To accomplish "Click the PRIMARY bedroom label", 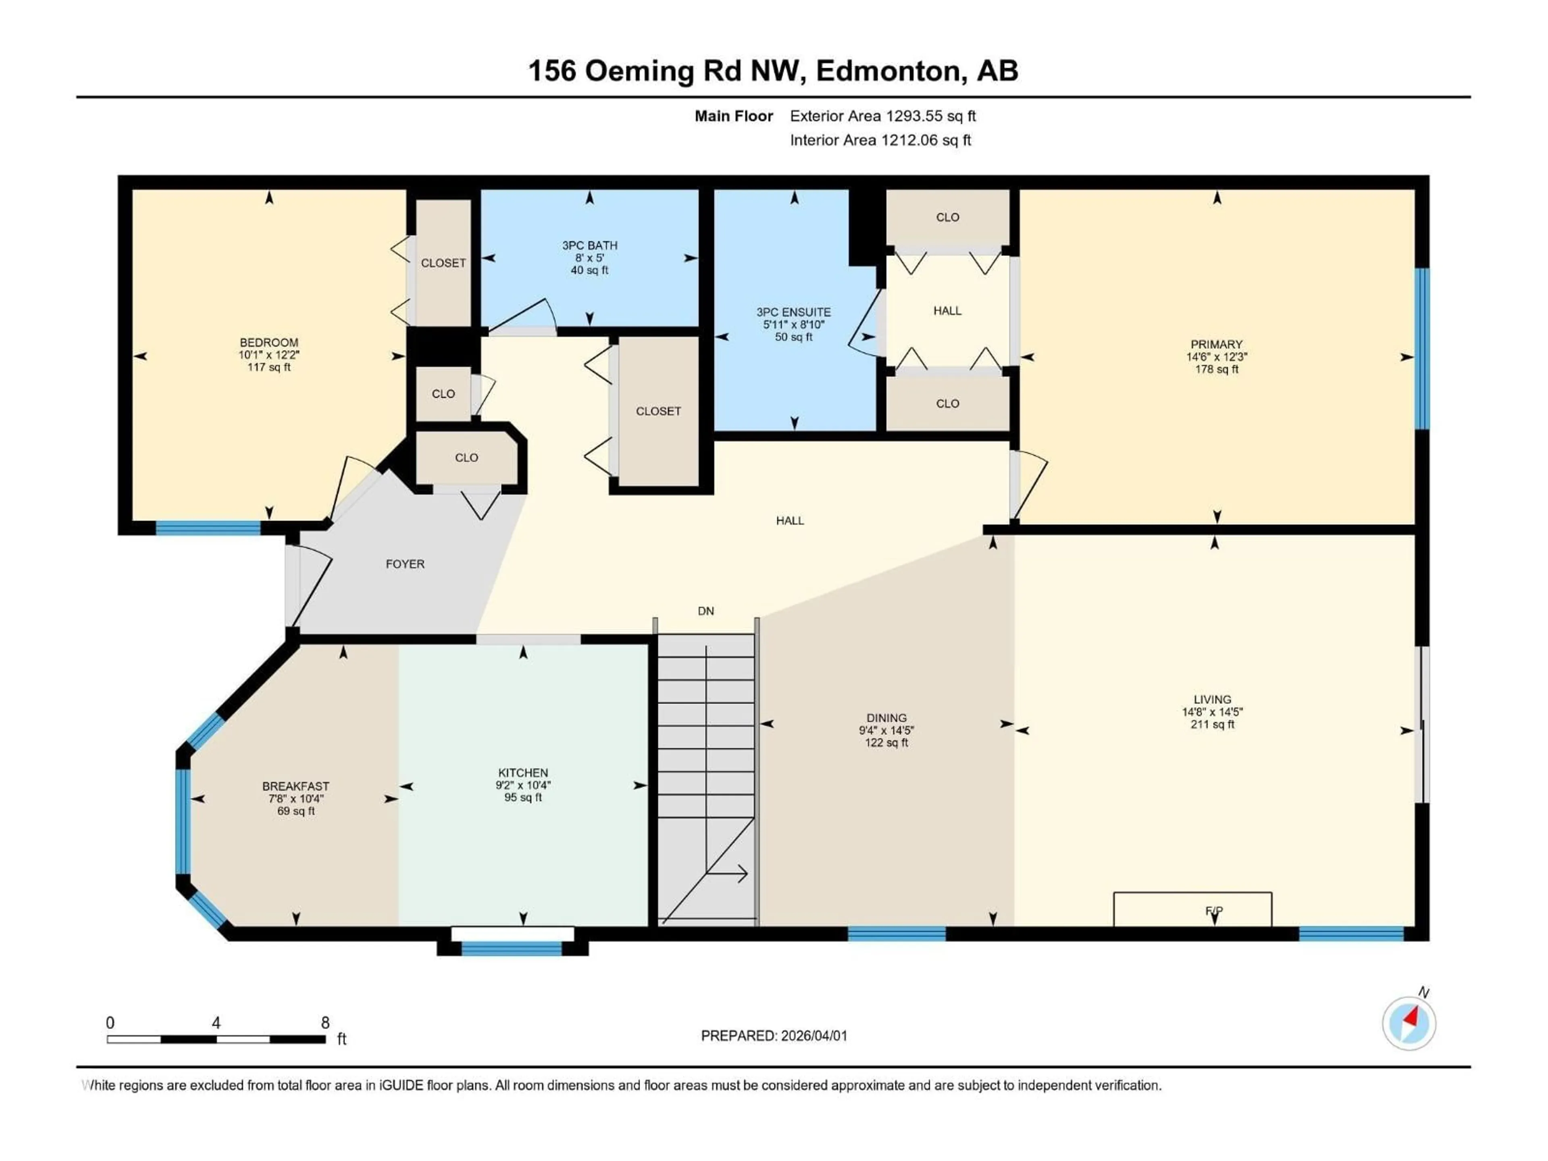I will (x=1216, y=344).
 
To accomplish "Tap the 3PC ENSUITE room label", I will (x=794, y=312).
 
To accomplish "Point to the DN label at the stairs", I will (x=705, y=611).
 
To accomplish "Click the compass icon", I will (x=1409, y=1023).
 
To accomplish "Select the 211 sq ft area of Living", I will (x=1212, y=724).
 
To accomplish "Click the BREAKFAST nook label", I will (x=295, y=786).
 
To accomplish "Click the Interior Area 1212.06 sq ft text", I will (x=880, y=140).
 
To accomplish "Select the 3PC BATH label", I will (x=589, y=246).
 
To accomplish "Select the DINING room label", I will (x=886, y=718).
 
